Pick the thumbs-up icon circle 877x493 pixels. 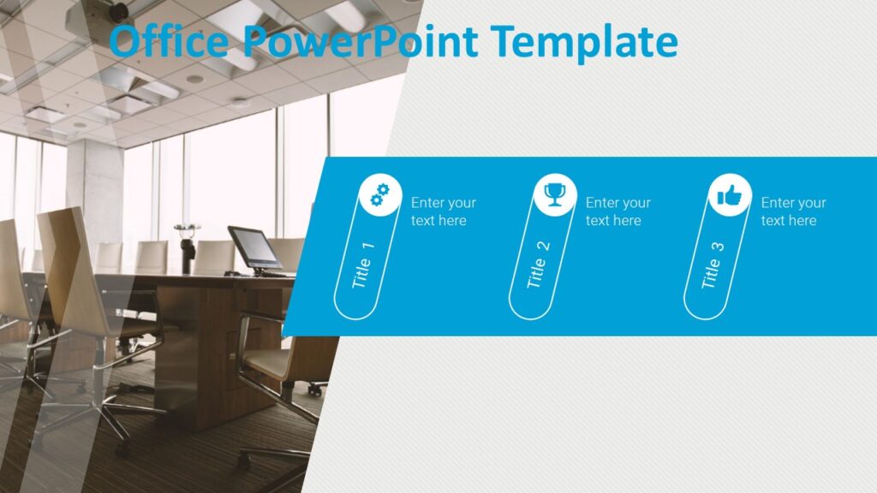730,196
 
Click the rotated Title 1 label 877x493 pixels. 363,266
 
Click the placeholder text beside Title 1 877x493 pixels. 443,211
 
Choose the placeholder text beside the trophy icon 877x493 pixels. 617,211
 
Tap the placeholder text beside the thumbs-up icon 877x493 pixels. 793,211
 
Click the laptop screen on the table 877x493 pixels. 254,247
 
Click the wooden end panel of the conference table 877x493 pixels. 211,359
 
